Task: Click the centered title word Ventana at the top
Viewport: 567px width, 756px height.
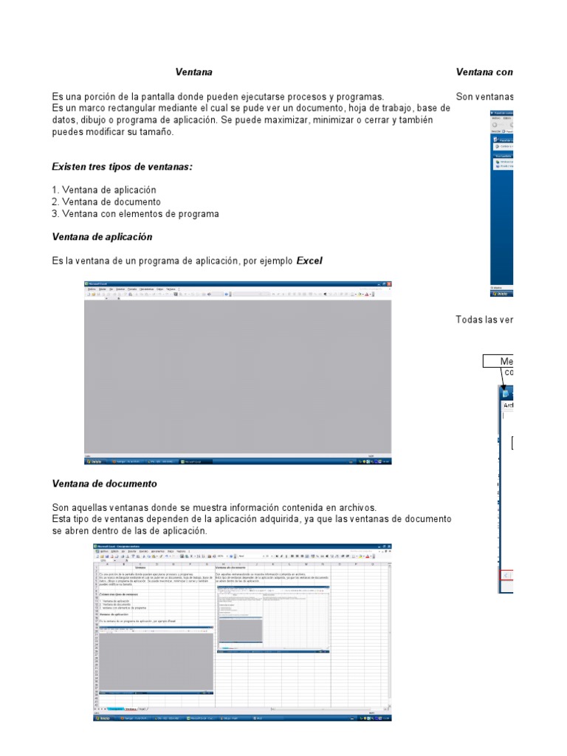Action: click(x=193, y=72)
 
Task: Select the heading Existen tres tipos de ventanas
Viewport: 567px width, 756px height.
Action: click(x=122, y=167)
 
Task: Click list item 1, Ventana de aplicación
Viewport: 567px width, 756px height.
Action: click(x=104, y=190)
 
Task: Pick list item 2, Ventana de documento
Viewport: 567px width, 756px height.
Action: click(x=106, y=202)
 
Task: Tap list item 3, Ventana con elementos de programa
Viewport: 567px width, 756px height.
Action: click(x=135, y=213)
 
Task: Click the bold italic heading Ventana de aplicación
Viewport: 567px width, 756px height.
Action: click(x=102, y=237)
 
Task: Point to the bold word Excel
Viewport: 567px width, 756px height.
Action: click(x=309, y=261)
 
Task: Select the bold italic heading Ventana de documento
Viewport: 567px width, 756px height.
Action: click(x=104, y=484)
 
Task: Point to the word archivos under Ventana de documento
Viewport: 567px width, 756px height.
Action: click(x=356, y=507)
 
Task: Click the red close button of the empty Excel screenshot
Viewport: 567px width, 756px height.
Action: click(x=388, y=284)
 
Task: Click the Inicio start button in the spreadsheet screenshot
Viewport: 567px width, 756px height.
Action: click(x=103, y=718)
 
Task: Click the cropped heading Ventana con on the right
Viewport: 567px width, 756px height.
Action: click(x=484, y=72)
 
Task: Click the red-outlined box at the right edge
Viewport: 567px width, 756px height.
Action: click(x=507, y=576)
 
